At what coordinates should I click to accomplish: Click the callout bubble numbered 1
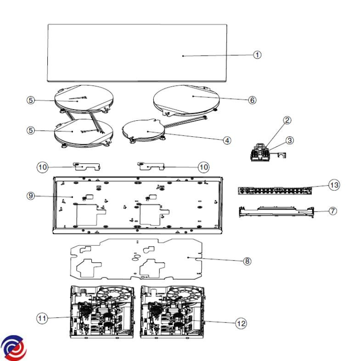[x=257, y=55]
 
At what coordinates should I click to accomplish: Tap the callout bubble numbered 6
[x=252, y=100]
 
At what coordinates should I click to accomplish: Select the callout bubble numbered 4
[x=227, y=140]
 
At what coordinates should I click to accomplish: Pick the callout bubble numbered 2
[x=287, y=120]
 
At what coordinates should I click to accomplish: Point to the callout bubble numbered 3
[x=290, y=140]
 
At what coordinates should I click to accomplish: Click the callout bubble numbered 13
[x=334, y=185]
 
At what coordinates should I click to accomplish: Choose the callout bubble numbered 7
[x=333, y=211]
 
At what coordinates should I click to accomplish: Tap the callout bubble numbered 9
[x=31, y=196]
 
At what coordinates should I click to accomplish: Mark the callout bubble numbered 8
[x=247, y=261]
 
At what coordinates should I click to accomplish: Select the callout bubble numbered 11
[x=42, y=318]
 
